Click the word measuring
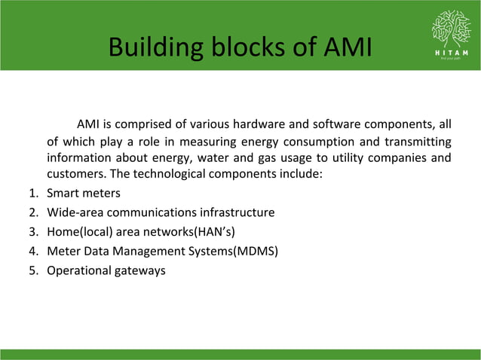(x=200, y=142)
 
